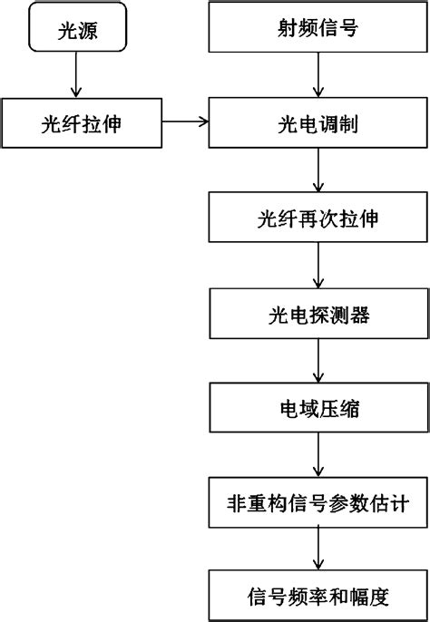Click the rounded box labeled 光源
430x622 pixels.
click(76, 29)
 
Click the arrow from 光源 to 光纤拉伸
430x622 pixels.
click(76, 78)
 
